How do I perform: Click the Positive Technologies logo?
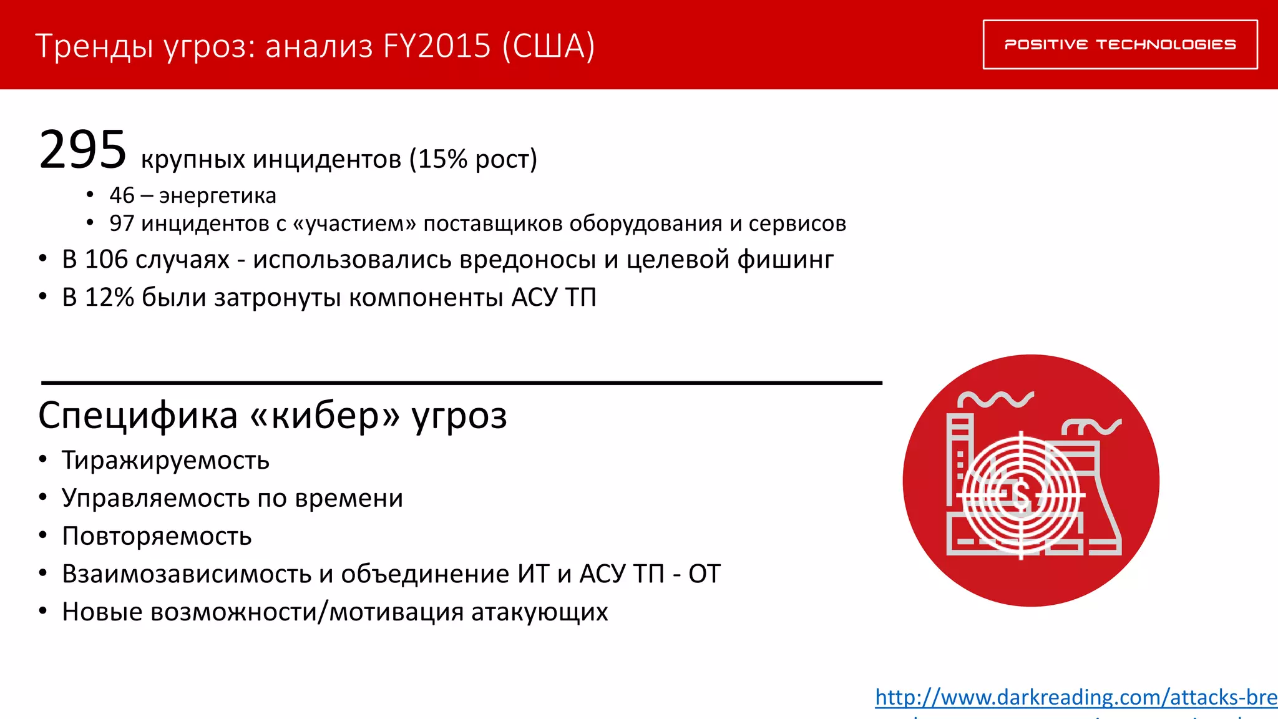[1120, 44]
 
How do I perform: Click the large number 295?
[83, 150]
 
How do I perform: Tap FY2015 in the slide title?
[437, 46]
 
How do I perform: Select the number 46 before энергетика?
[122, 195]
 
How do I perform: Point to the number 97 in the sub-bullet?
[122, 223]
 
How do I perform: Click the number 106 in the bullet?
[106, 260]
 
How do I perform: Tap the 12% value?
[109, 297]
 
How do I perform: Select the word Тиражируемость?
[165, 461]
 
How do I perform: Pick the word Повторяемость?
[157, 537]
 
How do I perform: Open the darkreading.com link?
[1076, 697]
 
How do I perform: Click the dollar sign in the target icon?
[1022, 496]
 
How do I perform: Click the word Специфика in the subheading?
[138, 416]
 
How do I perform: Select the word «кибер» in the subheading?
[324, 416]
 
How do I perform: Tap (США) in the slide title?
[549, 46]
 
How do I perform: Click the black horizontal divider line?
[462, 383]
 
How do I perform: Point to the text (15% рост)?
[473, 159]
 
